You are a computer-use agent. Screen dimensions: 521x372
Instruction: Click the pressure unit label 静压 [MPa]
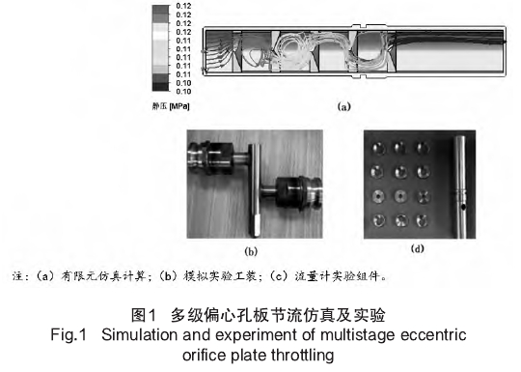click(x=171, y=106)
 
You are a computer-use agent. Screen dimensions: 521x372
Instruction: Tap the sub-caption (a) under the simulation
click(x=343, y=107)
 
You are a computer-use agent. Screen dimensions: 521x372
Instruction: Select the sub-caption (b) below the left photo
click(x=251, y=251)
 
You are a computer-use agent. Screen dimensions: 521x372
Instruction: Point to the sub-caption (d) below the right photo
click(x=418, y=248)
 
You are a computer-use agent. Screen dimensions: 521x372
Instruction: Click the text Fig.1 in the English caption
click(x=69, y=334)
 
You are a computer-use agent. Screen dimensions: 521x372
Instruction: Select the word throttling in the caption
click(x=302, y=355)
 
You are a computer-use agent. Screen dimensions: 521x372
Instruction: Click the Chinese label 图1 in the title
click(x=144, y=315)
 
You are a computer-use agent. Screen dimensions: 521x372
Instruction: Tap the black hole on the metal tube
click(x=463, y=207)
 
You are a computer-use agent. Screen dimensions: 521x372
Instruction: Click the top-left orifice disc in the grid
click(x=378, y=148)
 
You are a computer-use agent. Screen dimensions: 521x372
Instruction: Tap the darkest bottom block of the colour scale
click(x=160, y=87)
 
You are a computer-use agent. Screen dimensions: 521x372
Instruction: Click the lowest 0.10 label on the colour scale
click(x=183, y=92)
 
